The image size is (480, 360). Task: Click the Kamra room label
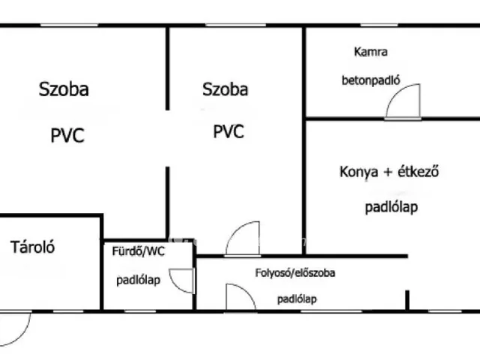tap(370, 52)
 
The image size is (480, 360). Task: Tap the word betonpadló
tap(370, 80)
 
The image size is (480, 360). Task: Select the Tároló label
tap(32, 247)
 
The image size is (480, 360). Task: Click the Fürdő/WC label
tap(138, 251)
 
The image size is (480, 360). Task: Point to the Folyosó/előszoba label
tap(295, 273)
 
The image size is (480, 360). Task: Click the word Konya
tap(358, 172)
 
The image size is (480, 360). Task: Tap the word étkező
tap(418, 171)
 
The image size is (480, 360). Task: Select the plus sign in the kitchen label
tap(388, 172)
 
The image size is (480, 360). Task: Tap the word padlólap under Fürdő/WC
tap(138, 280)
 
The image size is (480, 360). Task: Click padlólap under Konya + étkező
tap(391, 207)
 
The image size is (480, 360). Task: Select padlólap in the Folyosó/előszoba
tap(297, 299)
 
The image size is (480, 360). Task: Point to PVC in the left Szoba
tap(67, 135)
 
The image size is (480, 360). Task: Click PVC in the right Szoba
tap(228, 131)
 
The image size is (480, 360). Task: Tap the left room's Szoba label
tap(64, 89)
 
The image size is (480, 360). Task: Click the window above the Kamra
tap(379, 25)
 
